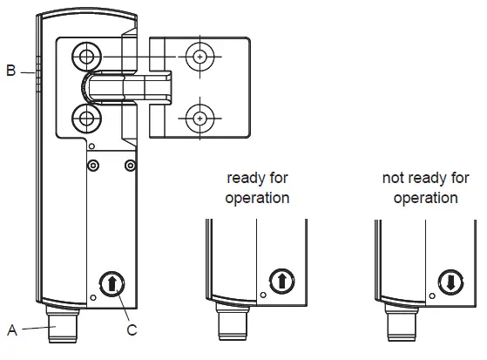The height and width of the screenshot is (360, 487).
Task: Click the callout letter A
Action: pos(12,329)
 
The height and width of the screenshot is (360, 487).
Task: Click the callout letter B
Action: pos(11,71)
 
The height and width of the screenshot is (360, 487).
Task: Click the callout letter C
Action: pos(132,329)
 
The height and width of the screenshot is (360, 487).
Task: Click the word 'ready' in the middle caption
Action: pos(245,179)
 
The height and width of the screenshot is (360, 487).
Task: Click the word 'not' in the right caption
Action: pos(394,179)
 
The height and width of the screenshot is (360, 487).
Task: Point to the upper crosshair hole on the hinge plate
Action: pos(201,57)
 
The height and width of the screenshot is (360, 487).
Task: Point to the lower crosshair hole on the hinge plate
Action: pos(201,117)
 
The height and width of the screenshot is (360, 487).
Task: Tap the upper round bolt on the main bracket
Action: pos(85,57)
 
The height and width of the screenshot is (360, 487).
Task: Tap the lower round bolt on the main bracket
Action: pos(85,117)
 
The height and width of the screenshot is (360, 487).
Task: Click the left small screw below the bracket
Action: pos(93,165)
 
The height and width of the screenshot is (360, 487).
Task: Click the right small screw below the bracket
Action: pos(130,165)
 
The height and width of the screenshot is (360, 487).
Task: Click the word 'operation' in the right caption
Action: pos(425,198)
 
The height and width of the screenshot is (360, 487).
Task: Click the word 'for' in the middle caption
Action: pos(278,179)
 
